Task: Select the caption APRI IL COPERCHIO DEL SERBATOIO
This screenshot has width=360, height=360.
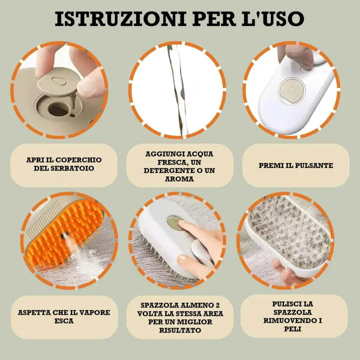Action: (63, 164)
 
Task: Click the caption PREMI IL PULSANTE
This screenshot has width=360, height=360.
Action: (295, 165)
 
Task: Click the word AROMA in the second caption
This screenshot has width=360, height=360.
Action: (179, 178)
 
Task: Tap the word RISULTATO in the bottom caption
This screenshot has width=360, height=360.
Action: (179, 330)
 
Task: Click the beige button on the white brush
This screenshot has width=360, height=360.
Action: (288, 91)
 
